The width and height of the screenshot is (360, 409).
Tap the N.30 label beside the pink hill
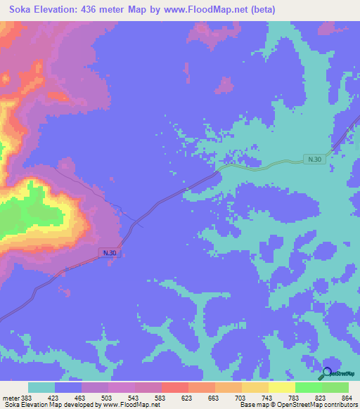108,252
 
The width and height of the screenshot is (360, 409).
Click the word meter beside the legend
11,397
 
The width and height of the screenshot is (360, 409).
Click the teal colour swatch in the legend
41,387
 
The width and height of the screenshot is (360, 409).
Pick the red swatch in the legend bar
174,387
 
